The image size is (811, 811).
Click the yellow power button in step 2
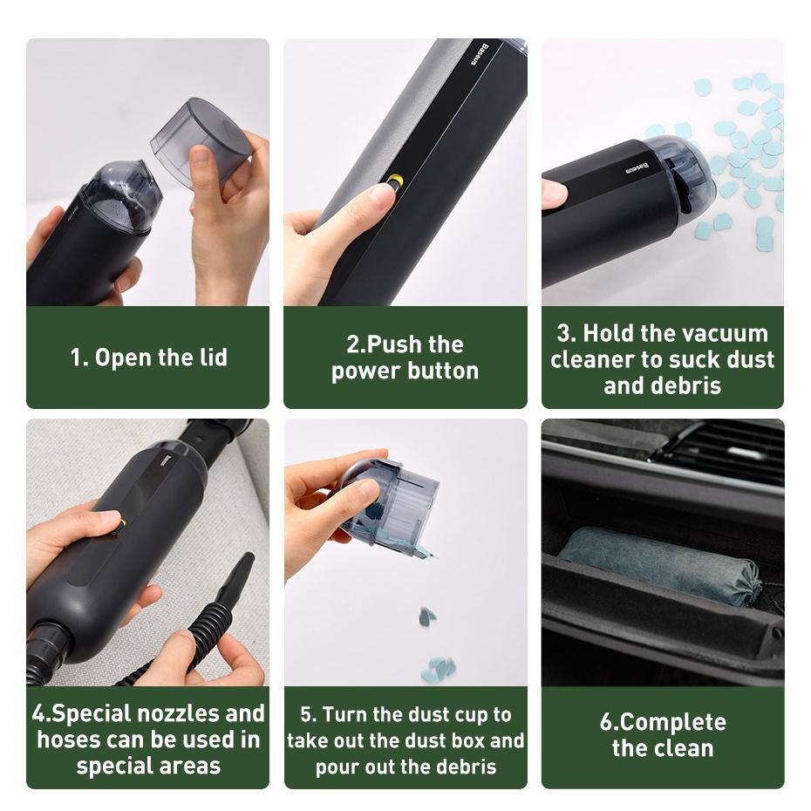point(396,181)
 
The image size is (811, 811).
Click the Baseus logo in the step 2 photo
point(480,54)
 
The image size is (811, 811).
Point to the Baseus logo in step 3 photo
point(637,167)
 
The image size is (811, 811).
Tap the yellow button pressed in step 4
point(122,523)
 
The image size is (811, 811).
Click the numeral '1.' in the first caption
point(79,358)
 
